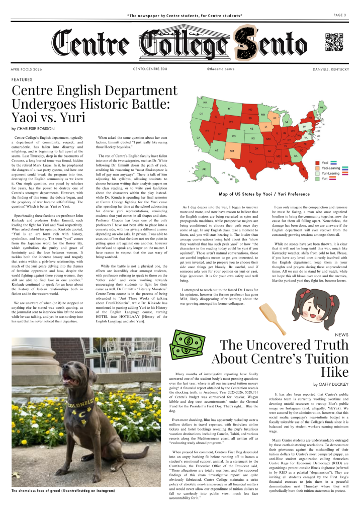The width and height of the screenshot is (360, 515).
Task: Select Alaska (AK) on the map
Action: (204, 169)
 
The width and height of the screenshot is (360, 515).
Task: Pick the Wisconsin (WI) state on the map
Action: (275, 119)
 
